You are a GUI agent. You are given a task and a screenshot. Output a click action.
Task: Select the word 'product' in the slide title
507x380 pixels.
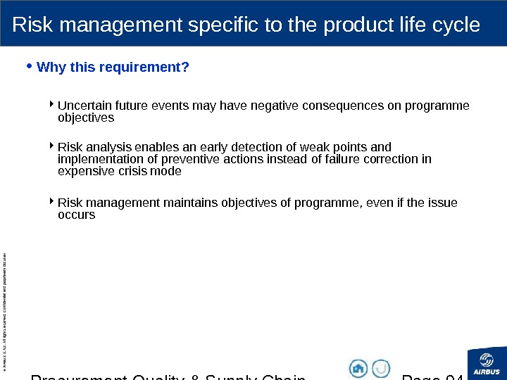click(356, 25)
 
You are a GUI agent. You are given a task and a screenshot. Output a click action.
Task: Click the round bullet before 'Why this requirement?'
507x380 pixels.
click(28, 67)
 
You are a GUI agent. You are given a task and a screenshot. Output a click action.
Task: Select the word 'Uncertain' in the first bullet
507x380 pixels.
click(81, 106)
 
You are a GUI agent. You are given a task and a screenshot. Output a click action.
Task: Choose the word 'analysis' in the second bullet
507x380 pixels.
click(106, 147)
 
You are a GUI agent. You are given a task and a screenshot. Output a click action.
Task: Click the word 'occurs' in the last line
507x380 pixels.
click(76, 215)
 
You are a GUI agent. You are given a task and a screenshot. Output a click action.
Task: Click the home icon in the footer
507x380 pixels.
click(358, 368)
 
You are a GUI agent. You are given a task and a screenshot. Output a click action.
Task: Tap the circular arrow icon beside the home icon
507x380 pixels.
click(381, 368)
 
